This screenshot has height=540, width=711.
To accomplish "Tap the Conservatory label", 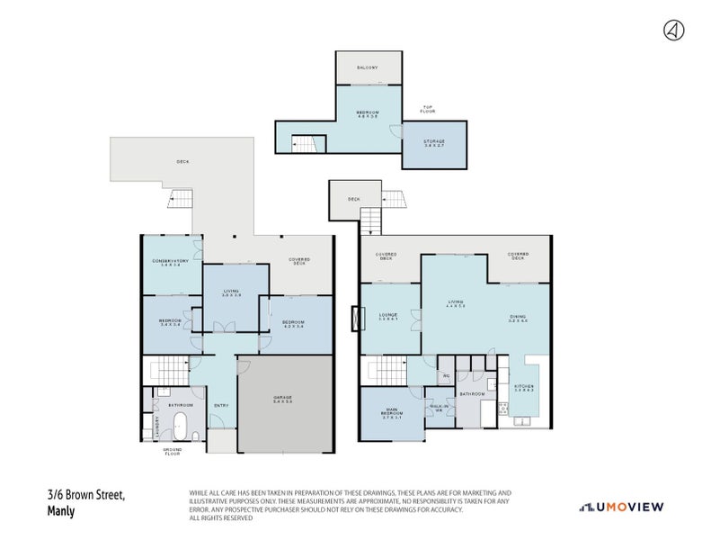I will tap(170, 263).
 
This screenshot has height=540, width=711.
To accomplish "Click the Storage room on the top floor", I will tap(434, 143).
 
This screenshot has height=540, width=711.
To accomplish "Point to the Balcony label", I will tap(368, 67).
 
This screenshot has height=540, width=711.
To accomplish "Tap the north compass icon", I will tap(671, 31).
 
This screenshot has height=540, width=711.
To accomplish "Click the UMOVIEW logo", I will tap(621, 507).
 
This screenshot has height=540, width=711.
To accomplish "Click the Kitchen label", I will tap(524, 390).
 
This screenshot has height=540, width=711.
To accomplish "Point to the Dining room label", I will tap(518, 318).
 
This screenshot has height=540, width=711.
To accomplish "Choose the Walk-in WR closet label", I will tap(440, 408).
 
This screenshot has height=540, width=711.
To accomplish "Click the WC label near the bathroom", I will tap(445, 375).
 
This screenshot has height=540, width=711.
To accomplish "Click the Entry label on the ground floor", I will tap(221, 405).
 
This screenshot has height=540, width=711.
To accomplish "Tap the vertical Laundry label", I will tap(159, 426).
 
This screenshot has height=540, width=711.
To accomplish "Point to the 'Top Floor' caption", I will tap(429, 110).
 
